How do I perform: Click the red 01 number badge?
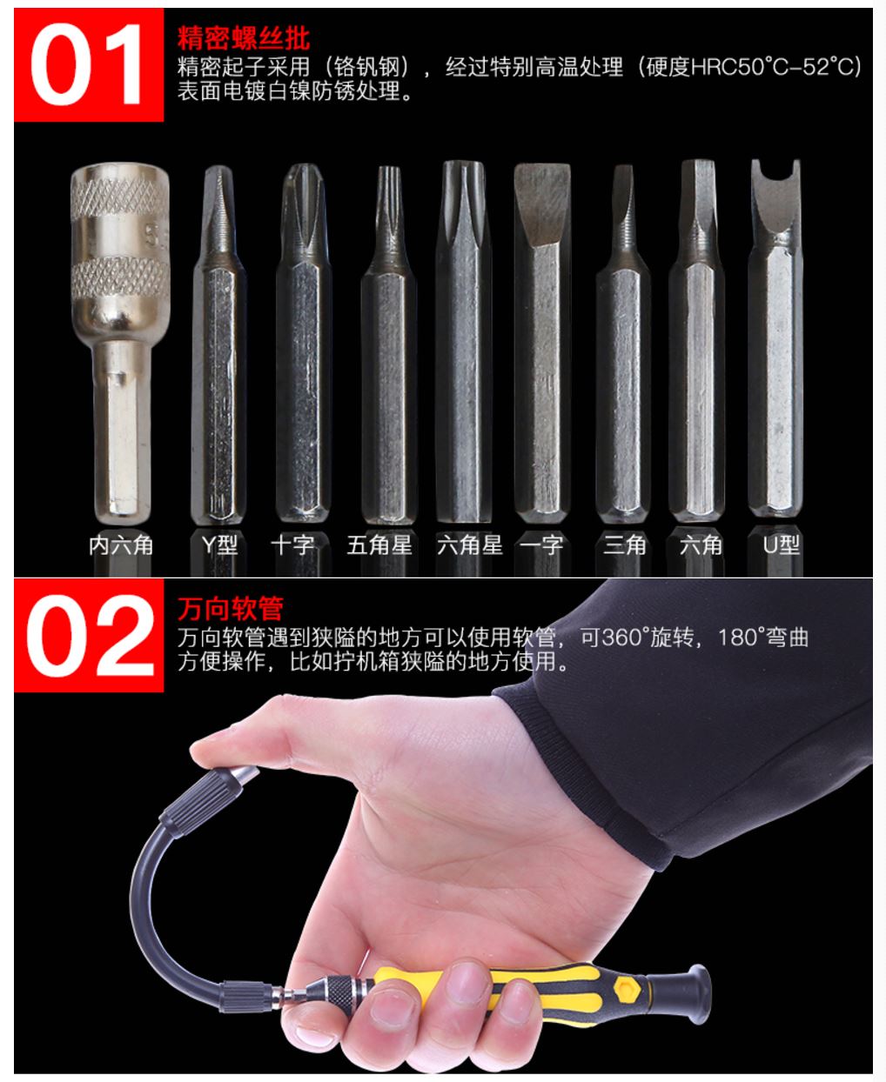tap(89, 65)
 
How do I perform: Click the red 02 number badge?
tap(89, 635)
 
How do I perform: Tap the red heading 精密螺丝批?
tap(244, 38)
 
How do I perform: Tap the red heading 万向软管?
tap(231, 609)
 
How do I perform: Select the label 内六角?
tap(121, 544)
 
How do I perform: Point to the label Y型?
tap(219, 544)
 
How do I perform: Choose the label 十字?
tap(293, 544)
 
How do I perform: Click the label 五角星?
tap(379, 544)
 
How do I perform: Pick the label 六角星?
tap(470, 544)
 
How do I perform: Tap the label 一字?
tap(541, 544)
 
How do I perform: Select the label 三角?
tap(624, 544)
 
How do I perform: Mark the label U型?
tap(781, 544)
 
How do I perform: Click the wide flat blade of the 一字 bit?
tap(542, 205)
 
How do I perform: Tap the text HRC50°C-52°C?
tap(775, 67)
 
